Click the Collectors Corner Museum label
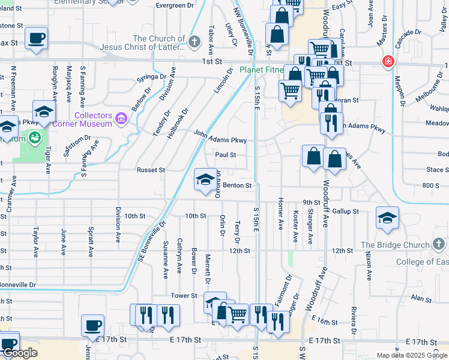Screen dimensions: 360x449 pyautogui.click(x=93, y=119)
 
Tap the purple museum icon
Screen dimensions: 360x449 pyautogui.click(x=122, y=118)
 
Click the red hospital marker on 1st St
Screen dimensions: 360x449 pyautogui.click(x=389, y=62)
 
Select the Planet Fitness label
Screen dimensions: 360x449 pyautogui.click(x=261, y=70)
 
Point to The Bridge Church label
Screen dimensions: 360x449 pyautogui.click(x=395, y=245)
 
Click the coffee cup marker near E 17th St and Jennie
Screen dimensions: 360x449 pyautogui.click(x=92, y=325)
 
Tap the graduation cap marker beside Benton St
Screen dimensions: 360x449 pyautogui.click(x=205, y=178)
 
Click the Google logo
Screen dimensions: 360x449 pyautogui.click(x=19, y=353)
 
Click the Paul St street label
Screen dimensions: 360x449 pyautogui.click(x=226, y=155)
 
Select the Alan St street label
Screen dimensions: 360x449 pyautogui.click(x=421, y=298)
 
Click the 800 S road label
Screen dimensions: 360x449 pyautogui.click(x=430, y=186)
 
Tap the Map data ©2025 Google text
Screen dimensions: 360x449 pyautogui.click(x=412, y=355)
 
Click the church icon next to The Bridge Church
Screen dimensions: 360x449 pyautogui.click(x=439, y=244)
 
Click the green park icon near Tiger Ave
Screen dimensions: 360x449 pyautogui.click(x=34, y=137)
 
